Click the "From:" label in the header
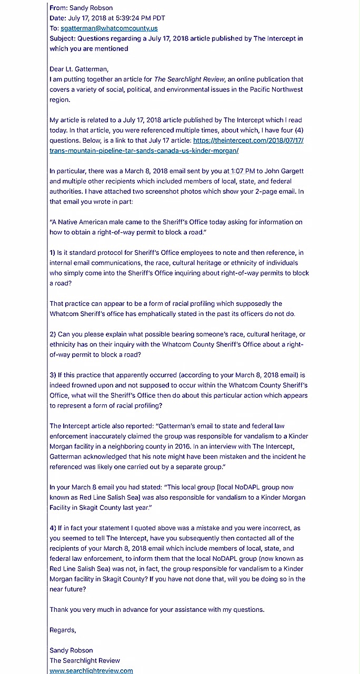[58, 8]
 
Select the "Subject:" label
[62, 38]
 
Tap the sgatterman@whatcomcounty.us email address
[109, 28]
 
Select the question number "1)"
[53, 253]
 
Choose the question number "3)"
[53, 375]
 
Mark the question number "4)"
[53, 528]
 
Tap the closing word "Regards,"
[63, 630]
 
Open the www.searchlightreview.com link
[91, 671]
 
